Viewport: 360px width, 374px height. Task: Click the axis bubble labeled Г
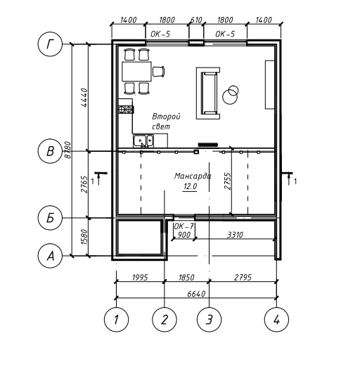click(50, 44)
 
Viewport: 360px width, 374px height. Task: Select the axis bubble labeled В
click(50, 151)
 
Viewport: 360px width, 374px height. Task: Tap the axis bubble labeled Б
click(50, 218)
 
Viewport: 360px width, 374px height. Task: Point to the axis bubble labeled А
click(50, 256)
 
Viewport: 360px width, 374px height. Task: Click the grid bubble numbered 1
click(117, 319)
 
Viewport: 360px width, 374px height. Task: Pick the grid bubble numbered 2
click(165, 319)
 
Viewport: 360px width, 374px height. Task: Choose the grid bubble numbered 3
click(210, 319)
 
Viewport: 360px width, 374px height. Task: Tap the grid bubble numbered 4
click(276, 319)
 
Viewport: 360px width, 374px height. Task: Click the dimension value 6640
click(196, 294)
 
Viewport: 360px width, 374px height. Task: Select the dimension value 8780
click(67, 150)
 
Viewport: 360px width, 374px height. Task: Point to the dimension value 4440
click(84, 98)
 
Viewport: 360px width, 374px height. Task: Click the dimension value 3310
click(235, 235)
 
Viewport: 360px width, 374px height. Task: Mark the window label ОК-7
click(184, 226)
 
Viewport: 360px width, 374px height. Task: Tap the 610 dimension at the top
click(196, 20)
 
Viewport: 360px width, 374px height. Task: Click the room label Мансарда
click(193, 176)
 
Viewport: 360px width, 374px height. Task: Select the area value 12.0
click(190, 186)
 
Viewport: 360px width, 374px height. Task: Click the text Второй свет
click(166, 122)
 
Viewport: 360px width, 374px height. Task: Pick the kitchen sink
click(143, 141)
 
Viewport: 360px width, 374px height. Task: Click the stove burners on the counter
click(125, 110)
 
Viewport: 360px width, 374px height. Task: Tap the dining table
click(136, 71)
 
